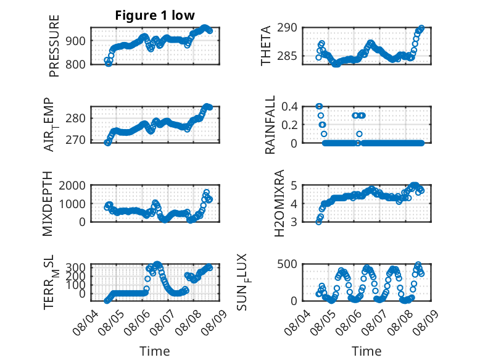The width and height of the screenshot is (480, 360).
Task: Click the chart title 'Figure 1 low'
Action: coord(155,15)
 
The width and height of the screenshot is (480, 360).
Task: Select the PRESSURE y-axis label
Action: coord(54,46)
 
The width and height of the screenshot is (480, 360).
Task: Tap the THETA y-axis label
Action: coord(266,46)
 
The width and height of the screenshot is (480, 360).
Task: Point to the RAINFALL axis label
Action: coord(270,125)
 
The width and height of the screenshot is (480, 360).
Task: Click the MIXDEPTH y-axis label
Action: coord(48,204)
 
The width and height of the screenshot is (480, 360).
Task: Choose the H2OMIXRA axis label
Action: coord(279,203)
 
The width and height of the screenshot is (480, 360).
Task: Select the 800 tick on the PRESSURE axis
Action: coord(75,64)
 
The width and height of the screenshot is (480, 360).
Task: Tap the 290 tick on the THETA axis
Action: coord(287,28)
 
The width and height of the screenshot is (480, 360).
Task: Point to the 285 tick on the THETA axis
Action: coord(287,56)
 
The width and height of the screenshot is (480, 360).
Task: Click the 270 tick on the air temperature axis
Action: coord(75,140)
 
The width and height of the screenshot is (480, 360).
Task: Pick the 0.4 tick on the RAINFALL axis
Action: coord(289,107)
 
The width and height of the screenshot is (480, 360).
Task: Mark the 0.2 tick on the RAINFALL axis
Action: coord(289,125)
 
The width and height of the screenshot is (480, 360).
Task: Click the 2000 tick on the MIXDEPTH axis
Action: coord(72,185)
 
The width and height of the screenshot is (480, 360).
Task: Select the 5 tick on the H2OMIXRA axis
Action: coord(294,185)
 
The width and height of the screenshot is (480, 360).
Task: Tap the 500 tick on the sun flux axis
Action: coord(287,264)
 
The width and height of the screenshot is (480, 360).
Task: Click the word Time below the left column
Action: coord(155,351)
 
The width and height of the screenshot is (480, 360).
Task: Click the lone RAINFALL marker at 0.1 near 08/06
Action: coord(360,134)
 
